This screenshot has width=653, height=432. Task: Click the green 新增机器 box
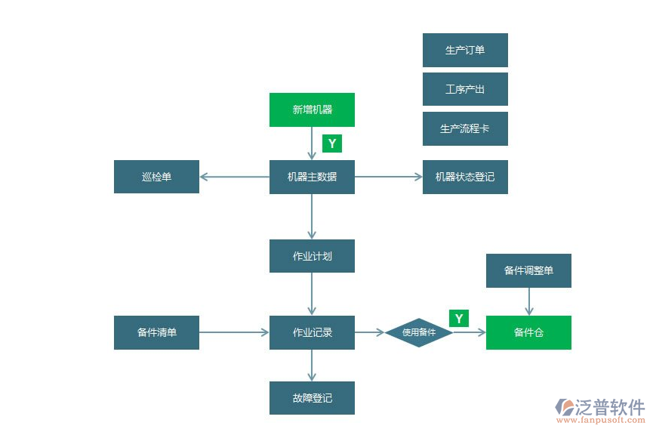point(312,110)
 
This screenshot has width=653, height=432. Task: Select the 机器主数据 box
point(312,177)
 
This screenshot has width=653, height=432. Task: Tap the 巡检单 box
point(156,177)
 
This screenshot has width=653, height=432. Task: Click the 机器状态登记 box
point(465,177)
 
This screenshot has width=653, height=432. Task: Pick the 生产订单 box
point(465,51)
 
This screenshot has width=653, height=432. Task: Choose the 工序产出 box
point(465,89)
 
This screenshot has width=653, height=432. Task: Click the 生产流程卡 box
point(465,128)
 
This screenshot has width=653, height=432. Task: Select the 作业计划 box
point(312,256)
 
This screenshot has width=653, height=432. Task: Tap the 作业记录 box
point(312,332)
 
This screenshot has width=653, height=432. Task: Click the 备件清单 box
point(156,332)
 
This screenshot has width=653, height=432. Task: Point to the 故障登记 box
point(312,398)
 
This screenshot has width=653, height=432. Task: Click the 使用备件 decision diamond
point(419,332)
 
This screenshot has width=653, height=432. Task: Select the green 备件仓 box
point(528,332)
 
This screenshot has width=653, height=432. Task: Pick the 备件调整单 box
point(528,270)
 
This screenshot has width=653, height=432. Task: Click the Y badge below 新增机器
point(331,143)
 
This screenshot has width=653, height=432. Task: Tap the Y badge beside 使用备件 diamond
point(458,318)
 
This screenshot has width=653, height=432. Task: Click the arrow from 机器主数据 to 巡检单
point(235,177)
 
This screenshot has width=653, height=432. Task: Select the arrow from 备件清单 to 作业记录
point(235,332)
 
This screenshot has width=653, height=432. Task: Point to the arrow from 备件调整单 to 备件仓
point(528,301)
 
